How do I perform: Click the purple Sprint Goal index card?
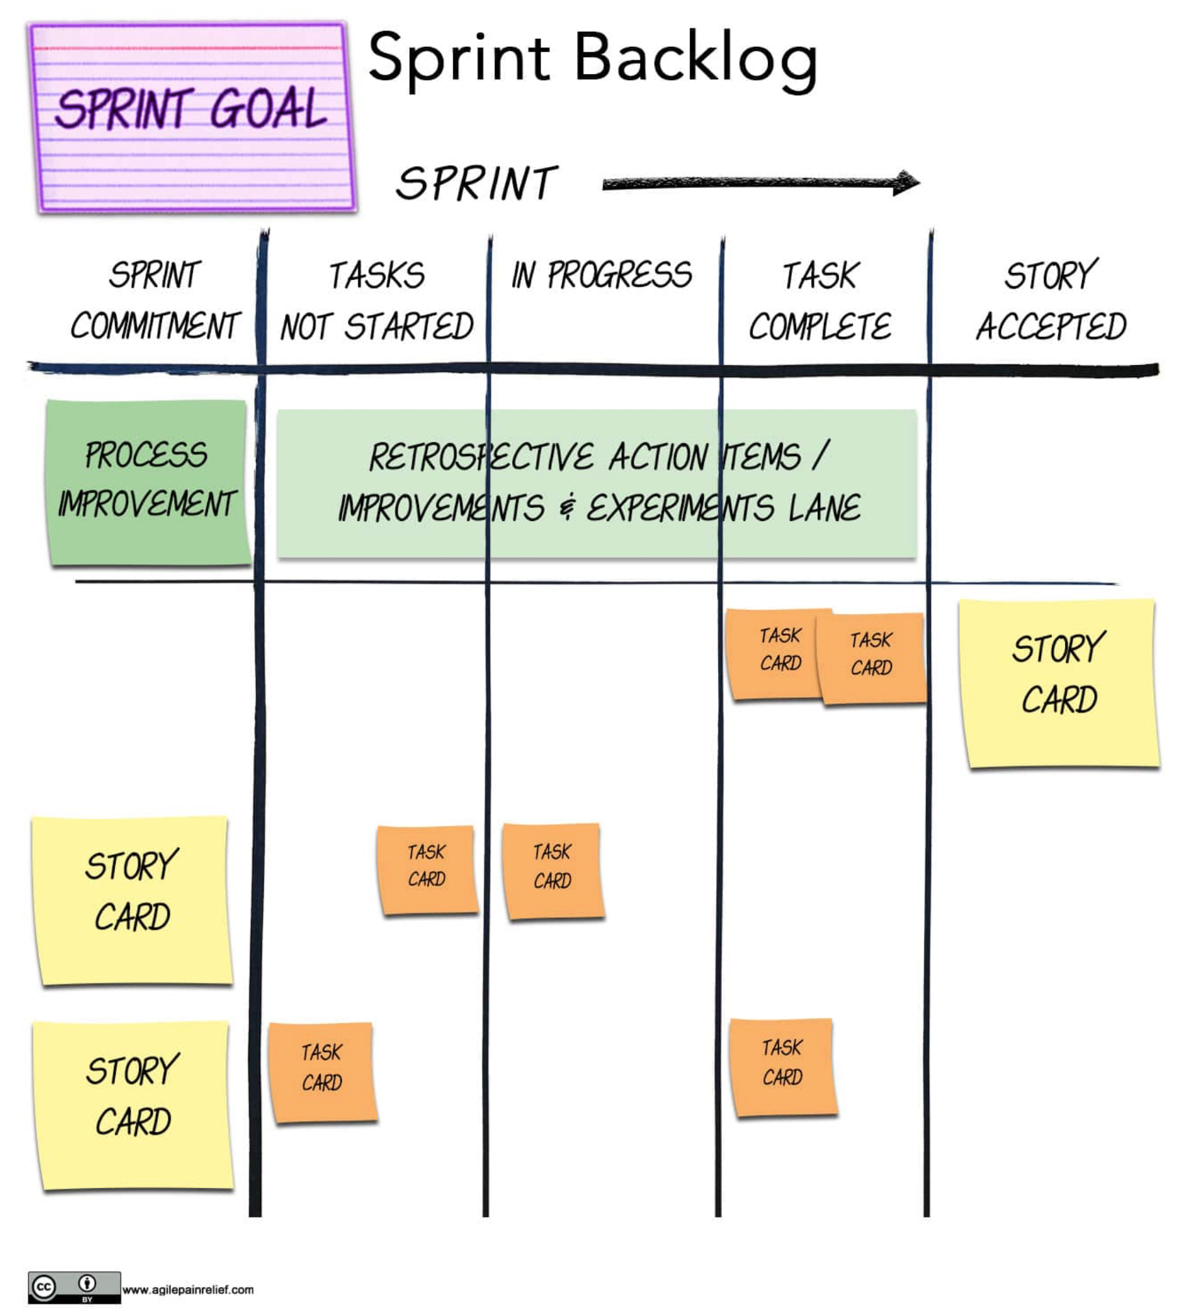[192, 117]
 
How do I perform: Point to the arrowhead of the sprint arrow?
[906, 183]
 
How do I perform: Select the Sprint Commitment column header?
[155, 300]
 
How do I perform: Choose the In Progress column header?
[602, 275]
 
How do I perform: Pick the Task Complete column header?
[820, 301]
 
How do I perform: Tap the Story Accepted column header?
[1051, 301]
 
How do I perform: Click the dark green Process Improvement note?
[148, 481]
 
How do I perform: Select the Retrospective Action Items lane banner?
[597, 483]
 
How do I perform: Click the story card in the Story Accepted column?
[1059, 683]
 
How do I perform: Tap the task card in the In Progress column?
[553, 870]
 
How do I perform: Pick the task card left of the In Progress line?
[427, 869]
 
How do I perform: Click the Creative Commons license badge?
[74, 1287]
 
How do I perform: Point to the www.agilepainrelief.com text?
[188, 1289]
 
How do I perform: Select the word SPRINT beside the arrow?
[476, 183]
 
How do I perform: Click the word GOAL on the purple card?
[268, 108]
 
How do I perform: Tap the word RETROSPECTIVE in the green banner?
[481, 457]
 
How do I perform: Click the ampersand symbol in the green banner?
[567, 507]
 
